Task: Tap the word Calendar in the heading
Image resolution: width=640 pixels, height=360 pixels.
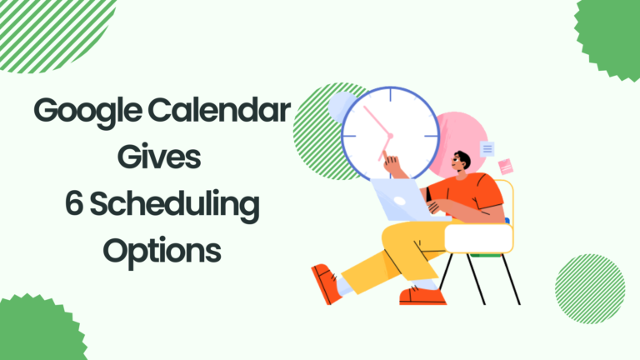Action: pyautogui.click(x=219, y=110)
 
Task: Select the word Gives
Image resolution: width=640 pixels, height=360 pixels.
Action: pyautogui.click(x=159, y=157)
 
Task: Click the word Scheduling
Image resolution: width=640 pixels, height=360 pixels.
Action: pyautogui.click(x=174, y=205)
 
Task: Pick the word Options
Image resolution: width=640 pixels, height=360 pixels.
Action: pyautogui.click(x=162, y=251)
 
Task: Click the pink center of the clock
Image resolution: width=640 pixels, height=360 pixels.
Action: pyautogui.click(x=390, y=136)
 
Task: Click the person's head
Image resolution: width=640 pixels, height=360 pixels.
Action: pyautogui.click(x=461, y=162)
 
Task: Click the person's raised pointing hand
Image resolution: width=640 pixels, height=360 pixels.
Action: pyautogui.click(x=392, y=163)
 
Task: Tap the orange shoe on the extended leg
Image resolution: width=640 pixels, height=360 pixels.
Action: pyautogui.click(x=326, y=283)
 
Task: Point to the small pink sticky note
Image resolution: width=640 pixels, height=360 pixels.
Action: pyautogui.click(x=506, y=167)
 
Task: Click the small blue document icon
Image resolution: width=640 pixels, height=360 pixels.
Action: pyautogui.click(x=487, y=149)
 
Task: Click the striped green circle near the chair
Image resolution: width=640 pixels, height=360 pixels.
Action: pyautogui.click(x=590, y=289)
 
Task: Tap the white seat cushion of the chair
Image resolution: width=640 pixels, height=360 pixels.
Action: pyautogui.click(x=478, y=239)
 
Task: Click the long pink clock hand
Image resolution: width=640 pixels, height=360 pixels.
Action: pyautogui.click(x=377, y=121)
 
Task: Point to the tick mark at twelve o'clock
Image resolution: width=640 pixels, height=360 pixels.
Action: pyautogui.click(x=390, y=95)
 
